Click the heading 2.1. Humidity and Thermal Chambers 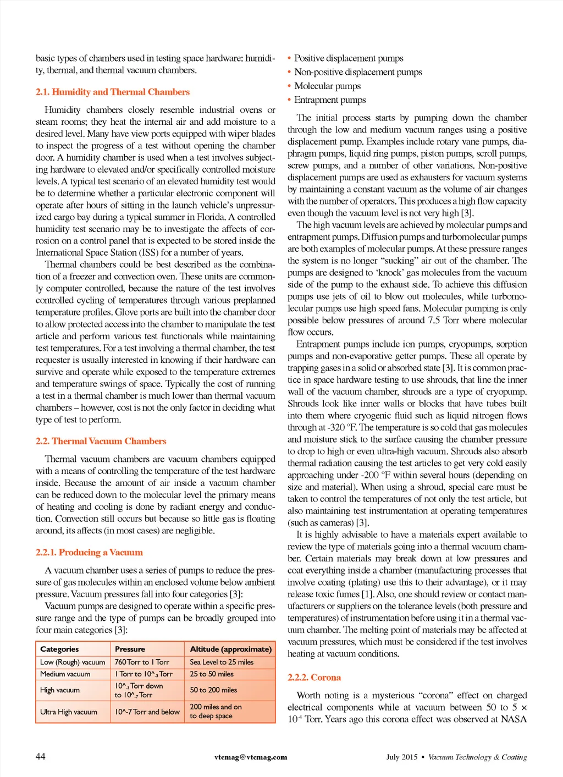click(112, 92)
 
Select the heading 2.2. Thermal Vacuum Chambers click(101, 441)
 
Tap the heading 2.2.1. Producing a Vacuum click(89, 552)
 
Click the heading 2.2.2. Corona click(314, 677)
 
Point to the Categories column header click(59, 649)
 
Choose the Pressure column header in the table click(130, 649)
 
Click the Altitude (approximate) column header click(230, 649)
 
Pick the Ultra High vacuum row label click(69, 712)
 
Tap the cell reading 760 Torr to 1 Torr click(142, 662)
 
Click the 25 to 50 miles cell click(212, 674)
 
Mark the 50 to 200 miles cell click(213, 690)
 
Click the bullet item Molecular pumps click(327, 86)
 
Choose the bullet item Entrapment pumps click(330, 100)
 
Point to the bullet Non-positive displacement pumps click(358, 72)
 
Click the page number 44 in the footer click(41, 756)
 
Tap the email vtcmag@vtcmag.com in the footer click(251, 757)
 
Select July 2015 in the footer click(401, 757)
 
